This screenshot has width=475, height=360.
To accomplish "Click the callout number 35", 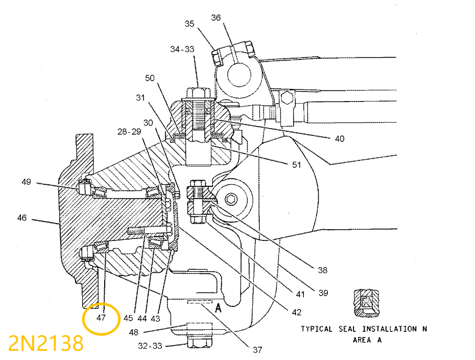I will click(x=189, y=23).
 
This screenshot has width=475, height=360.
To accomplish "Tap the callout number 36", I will click(x=216, y=18).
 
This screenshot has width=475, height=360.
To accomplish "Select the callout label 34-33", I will click(x=182, y=49).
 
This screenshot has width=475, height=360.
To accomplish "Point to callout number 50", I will click(x=150, y=78).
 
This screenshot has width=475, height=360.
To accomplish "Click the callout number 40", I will click(x=340, y=138).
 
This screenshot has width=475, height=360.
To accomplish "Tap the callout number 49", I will click(x=27, y=182).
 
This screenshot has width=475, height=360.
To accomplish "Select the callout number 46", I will click(x=21, y=218).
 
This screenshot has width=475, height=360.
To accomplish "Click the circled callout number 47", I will click(x=101, y=318).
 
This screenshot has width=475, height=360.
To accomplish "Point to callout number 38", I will click(x=322, y=270).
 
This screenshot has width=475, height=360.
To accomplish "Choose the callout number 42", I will click(x=297, y=312).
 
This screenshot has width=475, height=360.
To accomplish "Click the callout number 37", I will click(x=257, y=350).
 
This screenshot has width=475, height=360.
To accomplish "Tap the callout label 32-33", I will click(x=149, y=346).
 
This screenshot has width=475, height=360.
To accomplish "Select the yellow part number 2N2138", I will click(x=45, y=344).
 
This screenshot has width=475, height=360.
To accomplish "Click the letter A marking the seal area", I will click(x=218, y=307).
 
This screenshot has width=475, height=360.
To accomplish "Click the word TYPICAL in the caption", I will click(x=316, y=329).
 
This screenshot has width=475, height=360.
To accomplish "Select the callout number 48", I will click(x=134, y=332).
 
